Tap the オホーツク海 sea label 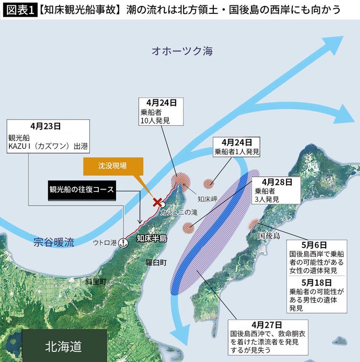click(x=182, y=52)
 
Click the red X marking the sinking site click(x=158, y=202)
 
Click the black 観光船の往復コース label click(x=81, y=190)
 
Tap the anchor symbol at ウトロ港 click(x=123, y=242)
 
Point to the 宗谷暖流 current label click(x=53, y=241)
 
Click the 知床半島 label click(x=152, y=238)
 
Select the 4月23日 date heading click(x=46, y=126)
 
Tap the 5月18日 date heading click(x=316, y=282)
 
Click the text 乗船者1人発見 click(x=237, y=152)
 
